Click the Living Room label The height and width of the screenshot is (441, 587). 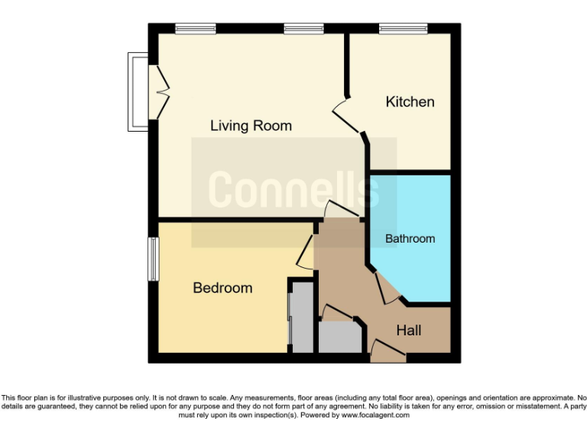click(x=251, y=126)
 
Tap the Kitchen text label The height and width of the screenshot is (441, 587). click(x=410, y=102)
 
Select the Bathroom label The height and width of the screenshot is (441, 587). click(x=410, y=239)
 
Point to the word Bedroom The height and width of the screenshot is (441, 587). click(x=222, y=288)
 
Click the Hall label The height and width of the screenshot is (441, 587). click(x=408, y=331)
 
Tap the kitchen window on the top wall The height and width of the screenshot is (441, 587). click(x=403, y=29)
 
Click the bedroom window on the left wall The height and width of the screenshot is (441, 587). click(x=153, y=259)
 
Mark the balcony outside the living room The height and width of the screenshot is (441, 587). click(x=137, y=92)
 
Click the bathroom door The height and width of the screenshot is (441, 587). click(x=388, y=289)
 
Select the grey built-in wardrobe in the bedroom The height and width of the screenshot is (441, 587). click(x=302, y=318)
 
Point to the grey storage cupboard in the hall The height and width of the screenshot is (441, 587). click(x=338, y=337)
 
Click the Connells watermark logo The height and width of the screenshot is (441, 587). click(x=293, y=189)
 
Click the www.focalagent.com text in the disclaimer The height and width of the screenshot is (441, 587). click(x=375, y=415)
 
